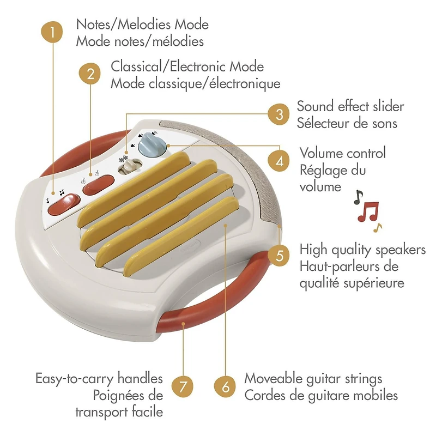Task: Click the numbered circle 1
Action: [x=52, y=32]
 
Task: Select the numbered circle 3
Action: [x=279, y=114]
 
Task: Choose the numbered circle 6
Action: [x=225, y=387]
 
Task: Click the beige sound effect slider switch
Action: [x=129, y=167]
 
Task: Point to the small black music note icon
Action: [x=358, y=197]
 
